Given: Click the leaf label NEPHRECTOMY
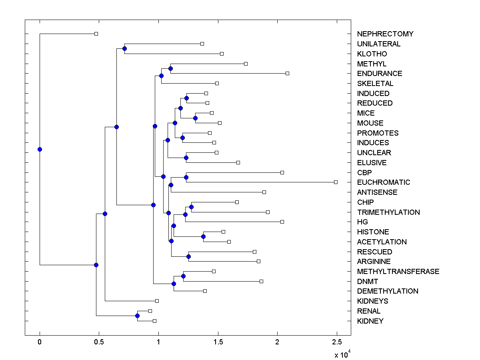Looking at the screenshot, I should tap(385, 34).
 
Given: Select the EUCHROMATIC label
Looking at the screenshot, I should tap(384, 182).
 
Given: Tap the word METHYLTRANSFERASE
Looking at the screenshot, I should tap(398, 272).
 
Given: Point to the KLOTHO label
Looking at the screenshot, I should tap(372, 54).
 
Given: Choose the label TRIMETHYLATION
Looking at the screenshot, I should tap(388, 212).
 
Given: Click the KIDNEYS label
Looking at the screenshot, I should tap(372, 301).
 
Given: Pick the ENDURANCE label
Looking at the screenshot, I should tap(380, 74).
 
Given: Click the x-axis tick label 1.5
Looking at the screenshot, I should tap(218, 342).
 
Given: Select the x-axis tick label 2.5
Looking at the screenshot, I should tap(337, 342).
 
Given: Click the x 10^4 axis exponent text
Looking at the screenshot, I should tap(342, 354).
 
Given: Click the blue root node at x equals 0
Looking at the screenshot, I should tap(40, 149).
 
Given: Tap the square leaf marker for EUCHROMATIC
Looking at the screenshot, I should tap(336, 182).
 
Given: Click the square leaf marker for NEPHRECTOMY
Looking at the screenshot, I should tap(96, 34).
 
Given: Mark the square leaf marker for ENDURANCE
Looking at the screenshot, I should tap(287, 73).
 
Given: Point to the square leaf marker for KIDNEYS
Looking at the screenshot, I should tap(157, 301).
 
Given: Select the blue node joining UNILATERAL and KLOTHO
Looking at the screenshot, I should tap(124, 48).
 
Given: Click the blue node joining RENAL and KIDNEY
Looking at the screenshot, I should tap(137, 316).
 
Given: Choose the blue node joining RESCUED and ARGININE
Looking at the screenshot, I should tap(188, 256).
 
